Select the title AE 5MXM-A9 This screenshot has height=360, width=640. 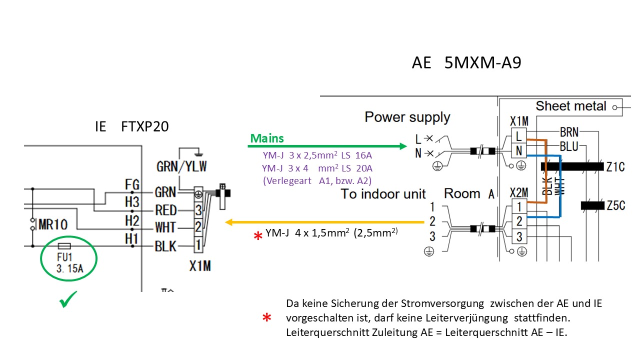(x=466, y=63)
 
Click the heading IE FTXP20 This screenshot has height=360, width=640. (x=131, y=126)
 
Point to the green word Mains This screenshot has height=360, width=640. (x=267, y=138)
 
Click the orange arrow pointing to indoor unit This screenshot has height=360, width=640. (x=325, y=222)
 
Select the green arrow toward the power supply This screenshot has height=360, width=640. (x=327, y=146)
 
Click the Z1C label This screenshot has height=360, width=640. (x=615, y=167)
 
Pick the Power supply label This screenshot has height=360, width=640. (x=407, y=117)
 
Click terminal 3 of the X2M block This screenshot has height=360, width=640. (x=519, y=236)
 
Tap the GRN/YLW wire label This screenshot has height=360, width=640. (x=181, y=166)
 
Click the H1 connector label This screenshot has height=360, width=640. (x=131, y=239)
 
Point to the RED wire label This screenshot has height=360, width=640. (x=166, y=210)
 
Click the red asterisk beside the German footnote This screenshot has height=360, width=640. (x=267, y=318)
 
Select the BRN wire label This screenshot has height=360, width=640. (x=569, y=132)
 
